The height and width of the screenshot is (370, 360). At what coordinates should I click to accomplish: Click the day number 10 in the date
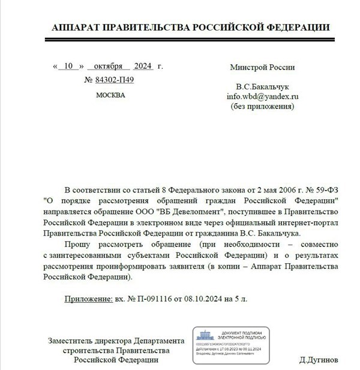[x=71, y=67]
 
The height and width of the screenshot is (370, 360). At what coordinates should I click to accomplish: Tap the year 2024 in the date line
[x=144, y=67]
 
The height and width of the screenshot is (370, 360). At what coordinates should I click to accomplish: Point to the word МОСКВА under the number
[x=110, y=95]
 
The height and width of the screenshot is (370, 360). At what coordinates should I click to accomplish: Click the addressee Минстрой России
[x=262, y=67]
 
